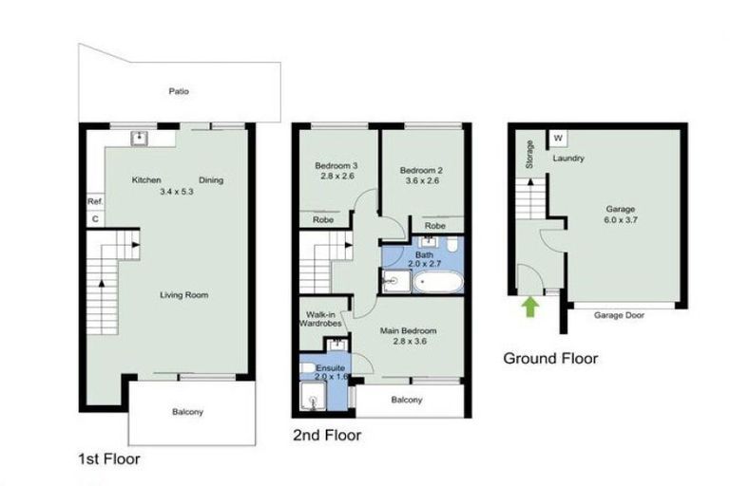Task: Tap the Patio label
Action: (179, 92)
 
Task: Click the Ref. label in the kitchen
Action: (94, 201)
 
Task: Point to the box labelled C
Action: (94, 219)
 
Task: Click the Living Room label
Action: (183, 295)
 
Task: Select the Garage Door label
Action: (620, 315)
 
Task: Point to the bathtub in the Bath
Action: (438, 282)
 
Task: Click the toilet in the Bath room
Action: (453, 246)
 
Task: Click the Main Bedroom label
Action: (407, 331)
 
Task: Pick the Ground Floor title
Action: (550, 359)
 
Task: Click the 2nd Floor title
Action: (326, 436)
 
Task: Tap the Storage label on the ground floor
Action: (529, 155)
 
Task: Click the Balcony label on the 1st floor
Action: (187, 412)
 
